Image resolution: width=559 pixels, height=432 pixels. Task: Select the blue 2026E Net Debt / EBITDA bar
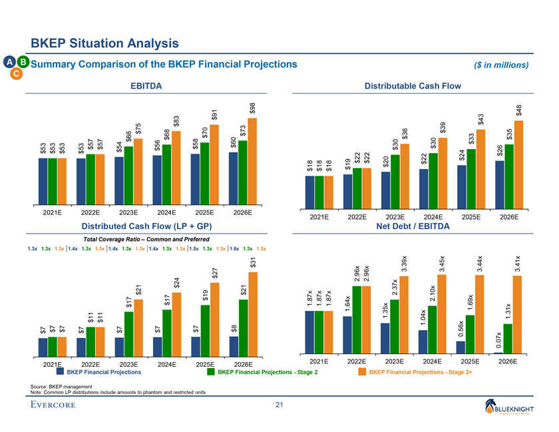(499, 353)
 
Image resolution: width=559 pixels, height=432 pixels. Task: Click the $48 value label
(519, 112)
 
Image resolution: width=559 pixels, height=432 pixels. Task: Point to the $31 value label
(253, 263)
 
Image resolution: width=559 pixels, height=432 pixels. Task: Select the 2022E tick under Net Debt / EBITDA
(357, 361)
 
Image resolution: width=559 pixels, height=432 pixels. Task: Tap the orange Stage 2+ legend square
(363, 372)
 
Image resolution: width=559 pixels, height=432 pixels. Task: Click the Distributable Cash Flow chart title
(413, 86)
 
